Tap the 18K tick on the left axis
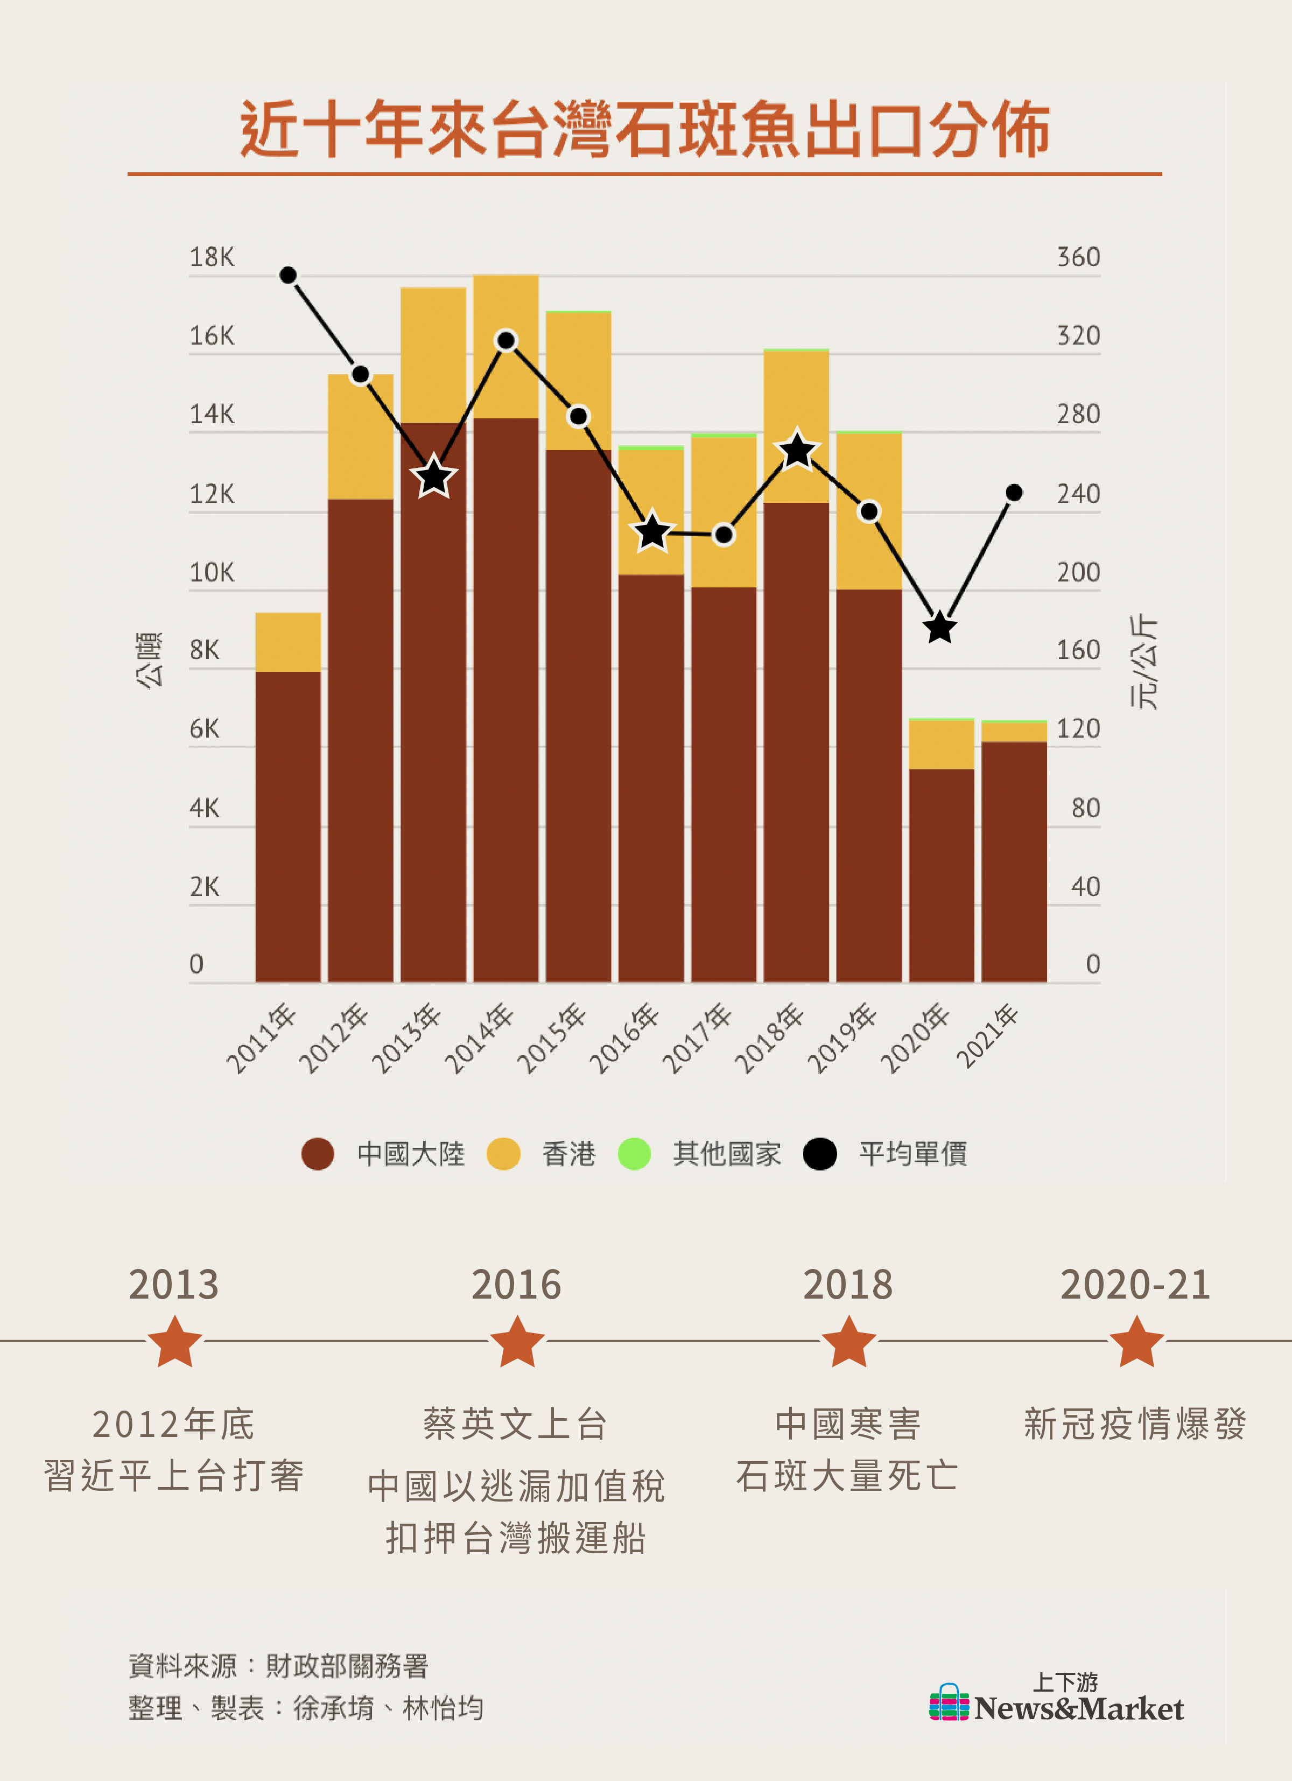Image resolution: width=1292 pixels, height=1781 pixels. [212, 257]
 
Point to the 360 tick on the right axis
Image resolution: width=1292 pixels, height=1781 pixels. [1078, 257]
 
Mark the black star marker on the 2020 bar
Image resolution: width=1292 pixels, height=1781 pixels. [940, 627]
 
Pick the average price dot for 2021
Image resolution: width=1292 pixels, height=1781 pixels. [1014, 493]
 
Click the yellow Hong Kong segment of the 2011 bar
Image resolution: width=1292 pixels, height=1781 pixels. [288, 642]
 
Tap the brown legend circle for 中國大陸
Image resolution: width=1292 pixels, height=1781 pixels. [318, 1154]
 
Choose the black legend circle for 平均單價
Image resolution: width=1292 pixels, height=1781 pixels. [820, 1154]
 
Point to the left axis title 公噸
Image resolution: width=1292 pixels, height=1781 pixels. [149, 660]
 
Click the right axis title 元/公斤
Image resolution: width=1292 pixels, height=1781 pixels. [1143, 662]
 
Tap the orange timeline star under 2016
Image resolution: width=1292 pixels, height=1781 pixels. [517, 1342]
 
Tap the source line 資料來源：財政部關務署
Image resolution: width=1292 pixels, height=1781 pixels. [279, 1666]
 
